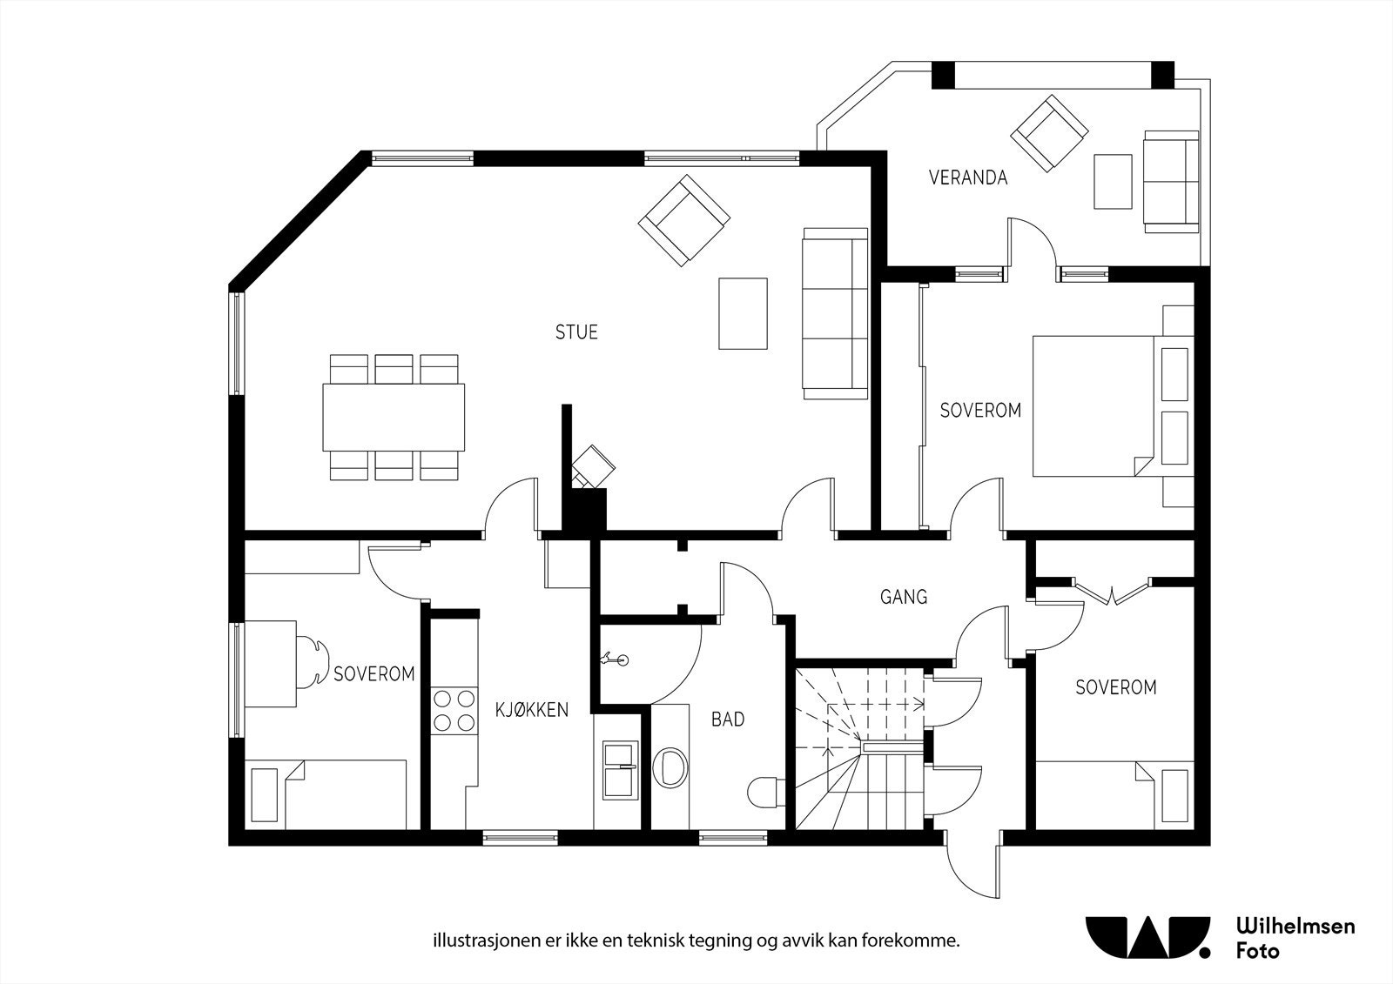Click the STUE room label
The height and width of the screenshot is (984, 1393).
(x=576, y=332)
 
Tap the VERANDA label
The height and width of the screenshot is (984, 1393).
(x=967, y=177)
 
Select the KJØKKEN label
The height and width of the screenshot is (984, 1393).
(x=532, y=710)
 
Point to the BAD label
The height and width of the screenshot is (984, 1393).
(x=728, y=720)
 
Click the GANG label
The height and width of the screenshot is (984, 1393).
(x=904, y=597)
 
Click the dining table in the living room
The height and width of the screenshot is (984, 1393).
(x=394, y=417)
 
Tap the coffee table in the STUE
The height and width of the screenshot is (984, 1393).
(x=743, y=313)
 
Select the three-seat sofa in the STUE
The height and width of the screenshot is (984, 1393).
(x=835, y=313)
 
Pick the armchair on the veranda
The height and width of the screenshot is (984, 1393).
(x=1049, y=133)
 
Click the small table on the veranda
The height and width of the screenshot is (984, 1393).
(x=1113, y=182)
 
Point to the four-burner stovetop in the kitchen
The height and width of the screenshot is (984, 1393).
(x=454, y=711)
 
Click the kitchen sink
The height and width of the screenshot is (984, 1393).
(x=620, y=770)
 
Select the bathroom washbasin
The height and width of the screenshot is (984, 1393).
(x=670, y=766)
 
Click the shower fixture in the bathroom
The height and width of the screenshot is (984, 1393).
(x=615, y=659)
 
